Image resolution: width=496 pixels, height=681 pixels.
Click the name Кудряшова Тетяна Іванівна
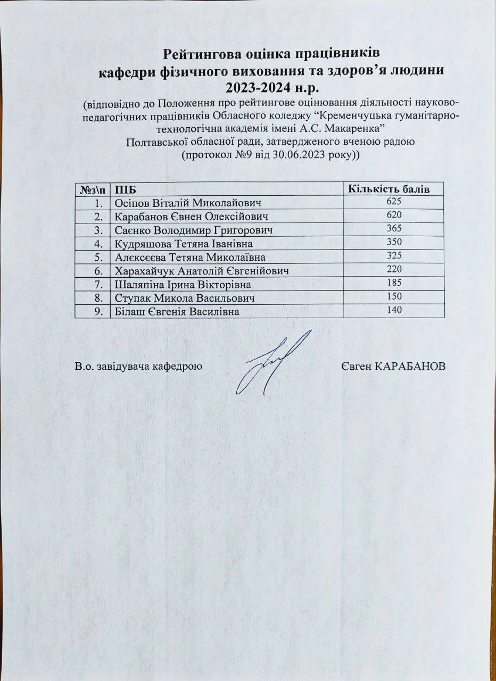(184, 244)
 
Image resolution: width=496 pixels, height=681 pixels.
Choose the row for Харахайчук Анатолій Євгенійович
(203, 272)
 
